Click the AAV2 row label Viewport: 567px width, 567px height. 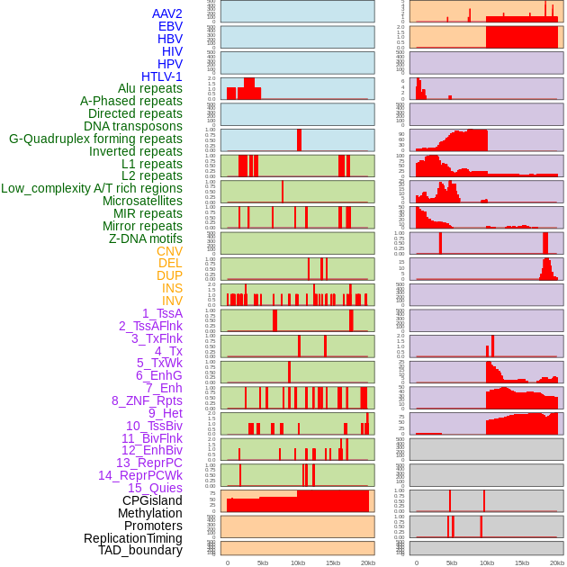[x=167, y=13]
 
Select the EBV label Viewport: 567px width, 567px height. [x=170, y=26]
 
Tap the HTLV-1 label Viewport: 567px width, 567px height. [x=162, y=76]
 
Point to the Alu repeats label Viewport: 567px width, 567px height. [x=150, y=88]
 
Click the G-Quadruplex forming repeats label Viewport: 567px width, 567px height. [x=95, y=139]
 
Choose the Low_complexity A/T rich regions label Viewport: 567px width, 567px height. [x=92, y=188]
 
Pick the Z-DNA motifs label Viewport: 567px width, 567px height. [x=146, y=238]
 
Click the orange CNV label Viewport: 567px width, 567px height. [x=169, y=251]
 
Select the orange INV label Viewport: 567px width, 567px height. [x=172, y=301]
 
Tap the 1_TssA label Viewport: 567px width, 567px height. [x=162, y=313]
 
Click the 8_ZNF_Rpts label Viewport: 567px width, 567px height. [x=147, y=400]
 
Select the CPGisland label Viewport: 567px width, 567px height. [x=152, y=500]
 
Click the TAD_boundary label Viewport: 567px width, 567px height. [x=140, y=550]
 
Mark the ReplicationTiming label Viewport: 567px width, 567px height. [x=133, y=538]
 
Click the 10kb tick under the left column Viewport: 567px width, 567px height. [x=297, y=562]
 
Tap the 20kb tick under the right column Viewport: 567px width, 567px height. [x=557, y=562]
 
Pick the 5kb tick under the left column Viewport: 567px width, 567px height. [x=263, y=562]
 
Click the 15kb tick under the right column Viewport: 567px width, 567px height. [x=522, y=562]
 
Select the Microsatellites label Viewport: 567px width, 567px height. [x=142, y=201]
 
